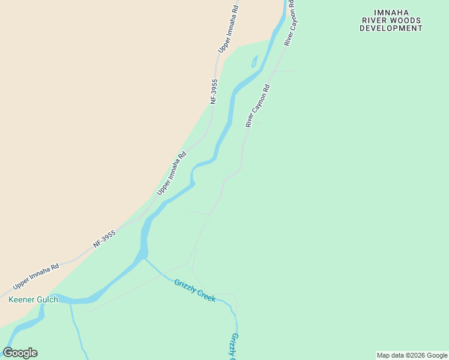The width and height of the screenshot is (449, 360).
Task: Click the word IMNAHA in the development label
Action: coord(390,12)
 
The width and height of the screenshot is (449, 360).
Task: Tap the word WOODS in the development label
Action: coord(407,20)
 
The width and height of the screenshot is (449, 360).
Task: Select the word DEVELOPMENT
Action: coord(391,28)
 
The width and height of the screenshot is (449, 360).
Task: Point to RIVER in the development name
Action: coord(375,20)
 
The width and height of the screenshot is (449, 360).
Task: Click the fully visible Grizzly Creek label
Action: coord(194,290)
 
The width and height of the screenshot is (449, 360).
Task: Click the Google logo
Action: coord(20,353)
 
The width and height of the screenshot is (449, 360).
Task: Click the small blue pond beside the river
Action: coord(255,61)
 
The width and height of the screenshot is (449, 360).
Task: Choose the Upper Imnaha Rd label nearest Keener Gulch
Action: coord(36,275)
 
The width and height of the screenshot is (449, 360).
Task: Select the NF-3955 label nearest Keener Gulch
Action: coord(104,239)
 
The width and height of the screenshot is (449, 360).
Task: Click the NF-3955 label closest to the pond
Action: coord(214,92)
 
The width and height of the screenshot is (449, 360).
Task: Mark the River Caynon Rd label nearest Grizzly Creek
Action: coord(258,106)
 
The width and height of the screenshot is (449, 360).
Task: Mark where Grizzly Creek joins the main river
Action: coord(144,259)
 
